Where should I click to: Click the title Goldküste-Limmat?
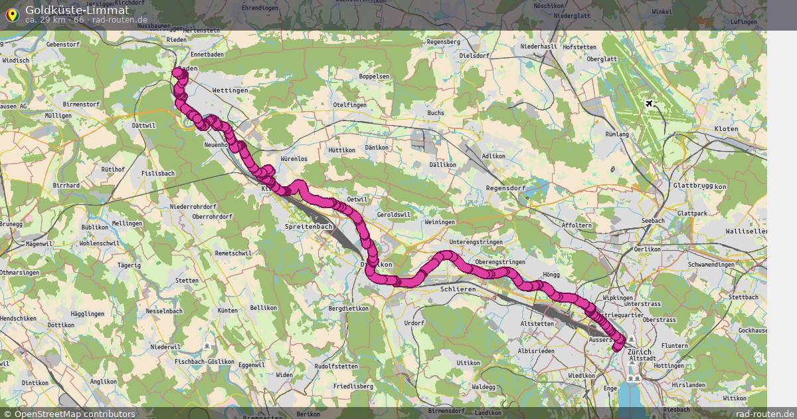coord(77,10)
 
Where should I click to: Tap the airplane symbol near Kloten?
coord(649,104)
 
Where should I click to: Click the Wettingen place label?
coord(230,90)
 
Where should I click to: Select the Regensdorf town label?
coord(506,188)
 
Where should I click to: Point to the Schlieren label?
coord(458,291)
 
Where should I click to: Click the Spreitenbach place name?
coord(308,227)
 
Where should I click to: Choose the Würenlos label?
coord(294,159)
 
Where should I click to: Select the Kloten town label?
coord(726,128)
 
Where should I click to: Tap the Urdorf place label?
coord(414,323)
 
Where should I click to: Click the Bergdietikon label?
coord(349,309)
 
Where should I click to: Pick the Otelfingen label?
coord(349,105)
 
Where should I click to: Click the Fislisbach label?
coord(158,173)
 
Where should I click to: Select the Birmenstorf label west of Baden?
coord(81,104)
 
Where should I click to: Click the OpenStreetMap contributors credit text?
coord(74,414)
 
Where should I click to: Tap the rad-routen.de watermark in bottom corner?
coord(765,414)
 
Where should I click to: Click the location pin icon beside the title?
coord(12,13)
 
